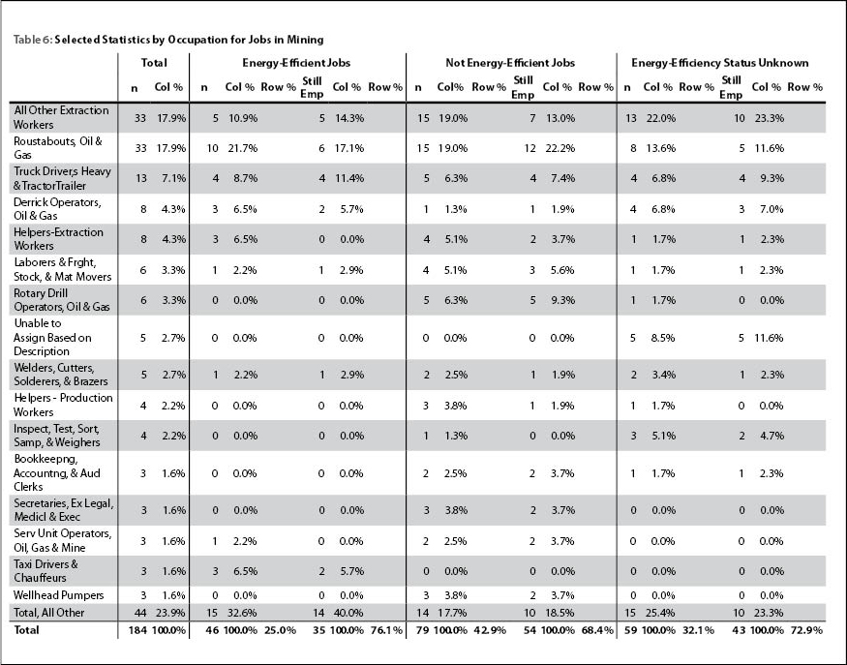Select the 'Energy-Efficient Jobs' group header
pyautogui.click(x=296, y=63)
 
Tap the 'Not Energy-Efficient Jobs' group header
pyautogui.click(x=510, y=63)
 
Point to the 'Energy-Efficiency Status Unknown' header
pyautogui.click(x=720, y=63)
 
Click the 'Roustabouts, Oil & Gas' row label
pyautogui.click(x=58, y=148)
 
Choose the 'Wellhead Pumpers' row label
pyautogui.click(x=58, y=595)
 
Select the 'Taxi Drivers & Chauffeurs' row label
pyautogui.click(x=45, y=570)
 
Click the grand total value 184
pyautogui.click(x=137, y=630)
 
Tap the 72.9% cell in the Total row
pyautogui.click(x=806, y=630)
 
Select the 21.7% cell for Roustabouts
pyautogui.click(x=243, y=148)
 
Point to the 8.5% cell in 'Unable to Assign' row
pyautogui.click(x=663, y=338)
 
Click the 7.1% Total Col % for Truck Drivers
pyautogui.click(x=174, y=178)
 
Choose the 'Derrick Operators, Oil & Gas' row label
pyautogui.click(x=57, y=208)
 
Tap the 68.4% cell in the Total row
pyautogui.click(x=598, y=630)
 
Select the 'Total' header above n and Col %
pyautogui.click(x=154, y=63)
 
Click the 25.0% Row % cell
pyautogui.click(x=280, y=630)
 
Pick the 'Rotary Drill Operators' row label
pyautogui.click(x=62, y=300)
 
